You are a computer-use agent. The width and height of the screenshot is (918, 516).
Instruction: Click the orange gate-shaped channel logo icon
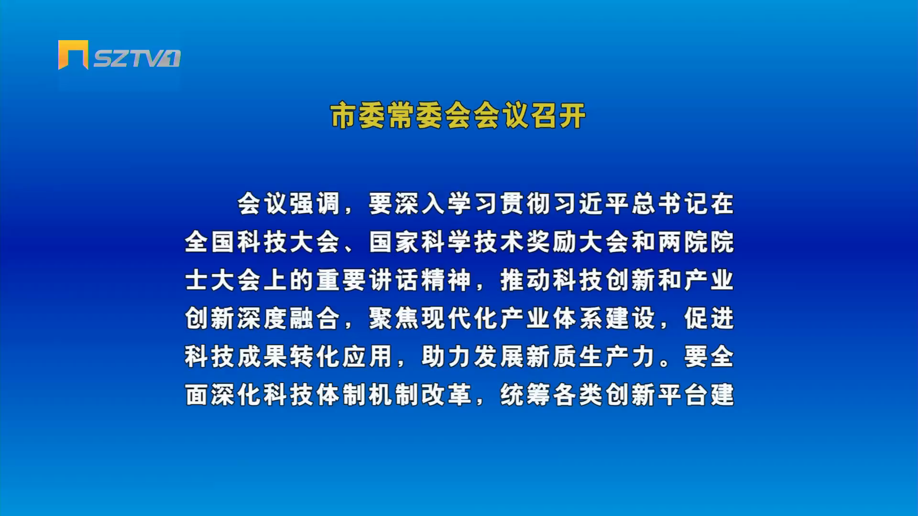(73, 54)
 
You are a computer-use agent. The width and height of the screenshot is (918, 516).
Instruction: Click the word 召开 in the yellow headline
(558, 116)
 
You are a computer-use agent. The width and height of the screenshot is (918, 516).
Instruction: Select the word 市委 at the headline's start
(358, 116)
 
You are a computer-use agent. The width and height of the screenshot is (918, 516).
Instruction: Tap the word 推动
(526, 280)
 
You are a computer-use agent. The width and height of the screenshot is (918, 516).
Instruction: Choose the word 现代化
(460, 318)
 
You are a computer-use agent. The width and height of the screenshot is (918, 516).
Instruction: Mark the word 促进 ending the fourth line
(709, 318)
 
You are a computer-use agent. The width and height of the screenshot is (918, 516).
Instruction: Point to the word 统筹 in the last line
(526, 395)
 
